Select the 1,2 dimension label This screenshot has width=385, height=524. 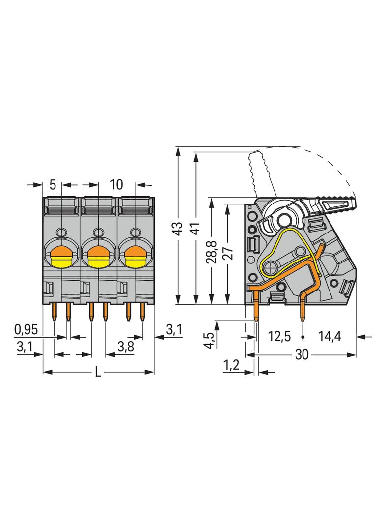[231, 365]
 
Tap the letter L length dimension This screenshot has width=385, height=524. [98, 373]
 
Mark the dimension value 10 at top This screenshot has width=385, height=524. [116, 185]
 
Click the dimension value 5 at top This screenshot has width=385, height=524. [54, 185]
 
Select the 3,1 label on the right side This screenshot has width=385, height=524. [174, 330]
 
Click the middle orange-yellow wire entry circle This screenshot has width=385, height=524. [98, 256]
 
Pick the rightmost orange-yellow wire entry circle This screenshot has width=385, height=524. [136, 256]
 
